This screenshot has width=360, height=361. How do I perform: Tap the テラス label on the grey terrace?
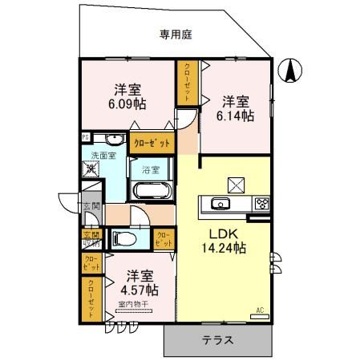pos(217,339)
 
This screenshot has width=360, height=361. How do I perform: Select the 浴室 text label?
pos(151,169)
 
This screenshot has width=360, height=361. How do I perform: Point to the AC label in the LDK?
pos(260,309)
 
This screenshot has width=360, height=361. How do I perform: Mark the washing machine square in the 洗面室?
pos(89,170)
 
